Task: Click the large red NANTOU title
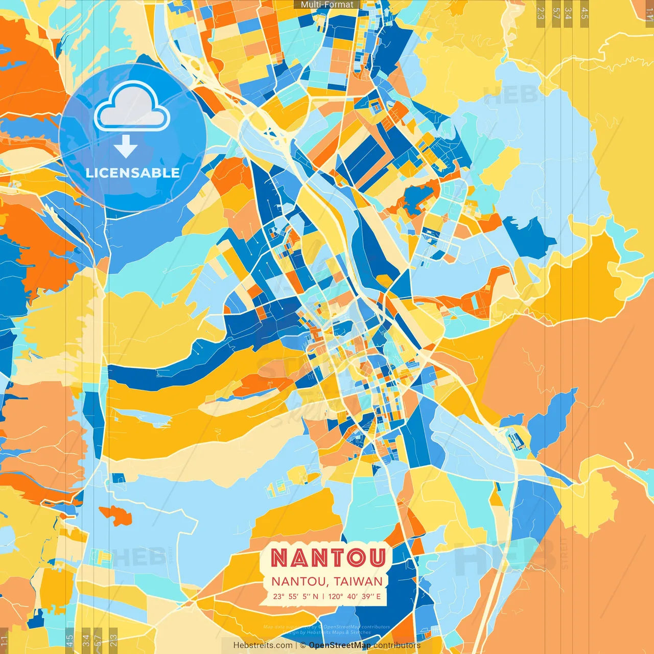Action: [x=328, y=557]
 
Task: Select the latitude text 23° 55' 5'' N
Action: [x=295, y=596]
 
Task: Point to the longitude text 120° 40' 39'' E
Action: [x=355, y=596]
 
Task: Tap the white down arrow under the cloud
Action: [x=126, y=147]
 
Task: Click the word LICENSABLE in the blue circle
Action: [x=132, y=173]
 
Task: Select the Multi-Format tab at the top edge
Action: [x=327, y=5]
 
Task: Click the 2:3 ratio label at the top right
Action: [x=541, y=13]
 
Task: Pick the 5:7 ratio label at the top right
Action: [x=556, y=13]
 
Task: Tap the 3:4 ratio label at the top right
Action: [x=568, y=13]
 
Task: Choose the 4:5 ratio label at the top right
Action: [x=585, y=13]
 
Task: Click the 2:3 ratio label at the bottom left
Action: [x=113, y=640]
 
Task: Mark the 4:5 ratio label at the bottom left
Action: [x=70, y=640]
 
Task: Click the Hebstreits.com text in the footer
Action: [x=263, y=645]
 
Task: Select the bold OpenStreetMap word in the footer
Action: [x=340, y=645]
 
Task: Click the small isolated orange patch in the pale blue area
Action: [x=116, y=515]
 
